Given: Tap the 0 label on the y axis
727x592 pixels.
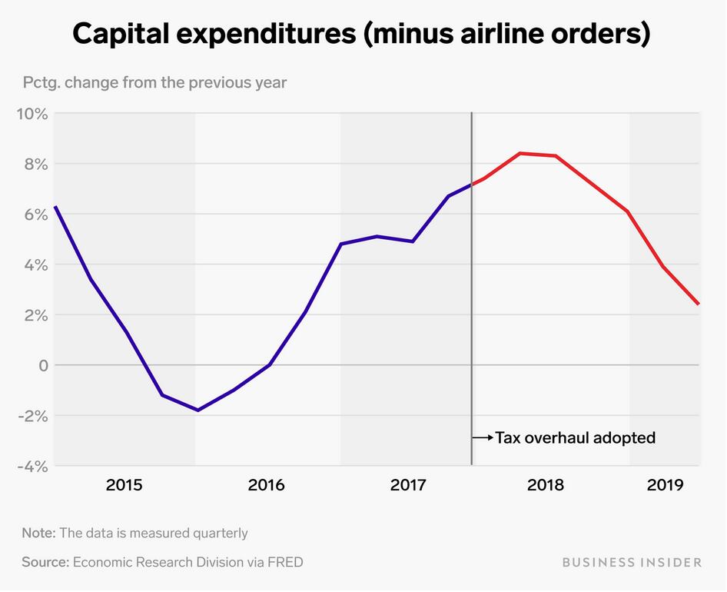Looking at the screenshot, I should [42, 365].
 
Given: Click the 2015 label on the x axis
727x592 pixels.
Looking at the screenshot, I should [124, 485].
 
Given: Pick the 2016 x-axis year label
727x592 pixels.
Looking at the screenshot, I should [266, 485].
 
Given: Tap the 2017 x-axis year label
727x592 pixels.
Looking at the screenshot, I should [409, 485].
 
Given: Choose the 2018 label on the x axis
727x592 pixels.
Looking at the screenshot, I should [545, 485].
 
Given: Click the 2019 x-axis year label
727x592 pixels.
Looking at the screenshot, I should [666, 485].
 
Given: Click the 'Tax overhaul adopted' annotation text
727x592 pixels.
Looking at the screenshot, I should [575, 438].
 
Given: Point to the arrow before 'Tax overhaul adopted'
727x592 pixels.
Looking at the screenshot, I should [483, 438].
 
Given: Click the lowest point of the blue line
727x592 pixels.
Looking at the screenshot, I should [198, 410].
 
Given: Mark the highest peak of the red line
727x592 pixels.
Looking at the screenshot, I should [520, 153].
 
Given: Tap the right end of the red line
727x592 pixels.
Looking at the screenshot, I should [699, 304].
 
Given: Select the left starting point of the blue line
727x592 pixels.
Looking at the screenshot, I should [55, 207].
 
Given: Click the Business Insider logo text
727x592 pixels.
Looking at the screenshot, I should [632, 562].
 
